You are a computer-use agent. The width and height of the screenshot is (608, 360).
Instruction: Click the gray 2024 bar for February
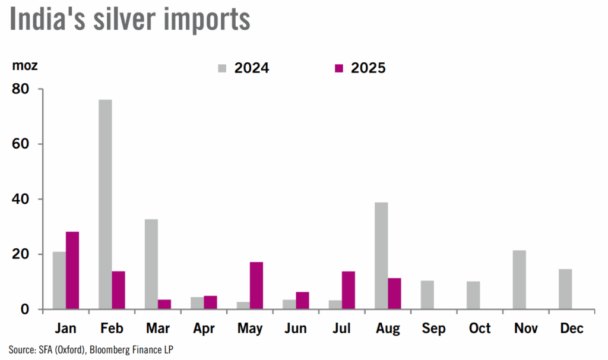pyautogui.click(x=105, y=204)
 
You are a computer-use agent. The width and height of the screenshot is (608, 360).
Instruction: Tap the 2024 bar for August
pyautogui.click(x=381, y=255)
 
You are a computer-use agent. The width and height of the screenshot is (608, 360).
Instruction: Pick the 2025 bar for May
pyautogui.click(x=256, y=285)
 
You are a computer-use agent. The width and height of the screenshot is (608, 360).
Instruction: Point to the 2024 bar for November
pyautogui.click(x=519, y=280)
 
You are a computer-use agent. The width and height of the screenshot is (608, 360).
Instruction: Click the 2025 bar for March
pyautogui.click(x=164, y=304)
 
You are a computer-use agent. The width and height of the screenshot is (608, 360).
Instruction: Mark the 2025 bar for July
pyautogui.click(x=349, y=290)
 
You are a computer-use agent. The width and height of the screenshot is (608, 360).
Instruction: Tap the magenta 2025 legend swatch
pyautogui.click(x=339, y=68)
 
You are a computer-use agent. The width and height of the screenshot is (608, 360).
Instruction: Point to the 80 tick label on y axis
pyautogui.click(x=21, y=89)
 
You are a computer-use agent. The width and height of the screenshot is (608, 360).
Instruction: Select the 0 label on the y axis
pyautogui.click(x=25, y=310)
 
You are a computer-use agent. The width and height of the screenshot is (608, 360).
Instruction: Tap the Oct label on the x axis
pyautogui.click(x=480, y=329)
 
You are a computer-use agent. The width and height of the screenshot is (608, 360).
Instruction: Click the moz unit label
pyautogui.click(x=25, y=66)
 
